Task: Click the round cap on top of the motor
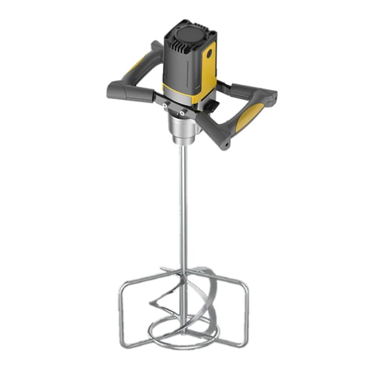click(190, 32)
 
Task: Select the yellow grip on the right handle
click(251, 117)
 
